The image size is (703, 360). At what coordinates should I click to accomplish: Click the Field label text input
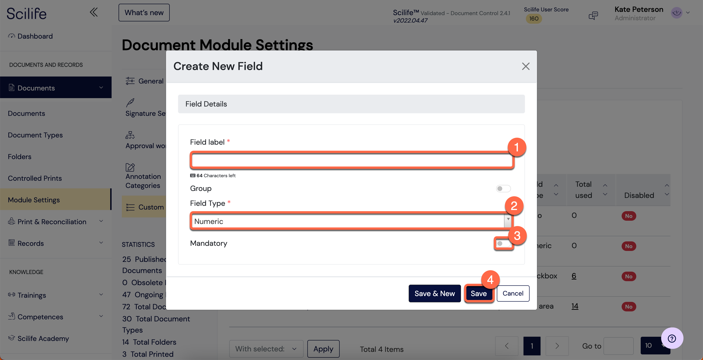(351, 160)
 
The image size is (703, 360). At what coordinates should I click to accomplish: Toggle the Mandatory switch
(503, 243)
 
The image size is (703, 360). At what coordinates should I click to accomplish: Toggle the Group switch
(503, 189)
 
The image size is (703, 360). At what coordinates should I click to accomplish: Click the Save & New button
(434, 293)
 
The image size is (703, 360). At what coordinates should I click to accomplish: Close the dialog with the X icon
(526, 66)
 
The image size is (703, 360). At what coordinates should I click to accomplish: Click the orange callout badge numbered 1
(517, 147)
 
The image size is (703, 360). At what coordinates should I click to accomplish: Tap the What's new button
(144, 13)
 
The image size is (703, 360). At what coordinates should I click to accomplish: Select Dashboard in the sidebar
(35, 36)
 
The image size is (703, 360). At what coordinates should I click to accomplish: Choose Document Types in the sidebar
(35, 135)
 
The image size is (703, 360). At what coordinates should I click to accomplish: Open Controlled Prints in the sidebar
(35, 178)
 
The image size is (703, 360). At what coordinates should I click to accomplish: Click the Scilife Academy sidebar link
(43, 338)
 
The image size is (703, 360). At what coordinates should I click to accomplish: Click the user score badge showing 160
(534, 19)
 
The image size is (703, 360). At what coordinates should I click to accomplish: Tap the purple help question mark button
(672, 338)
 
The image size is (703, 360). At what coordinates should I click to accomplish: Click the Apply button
(323, 349)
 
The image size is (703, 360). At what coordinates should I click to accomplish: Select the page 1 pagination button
(532, 346)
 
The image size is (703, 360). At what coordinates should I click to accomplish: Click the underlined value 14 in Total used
(575, 306)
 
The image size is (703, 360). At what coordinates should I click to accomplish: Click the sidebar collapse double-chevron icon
(94, 12)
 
